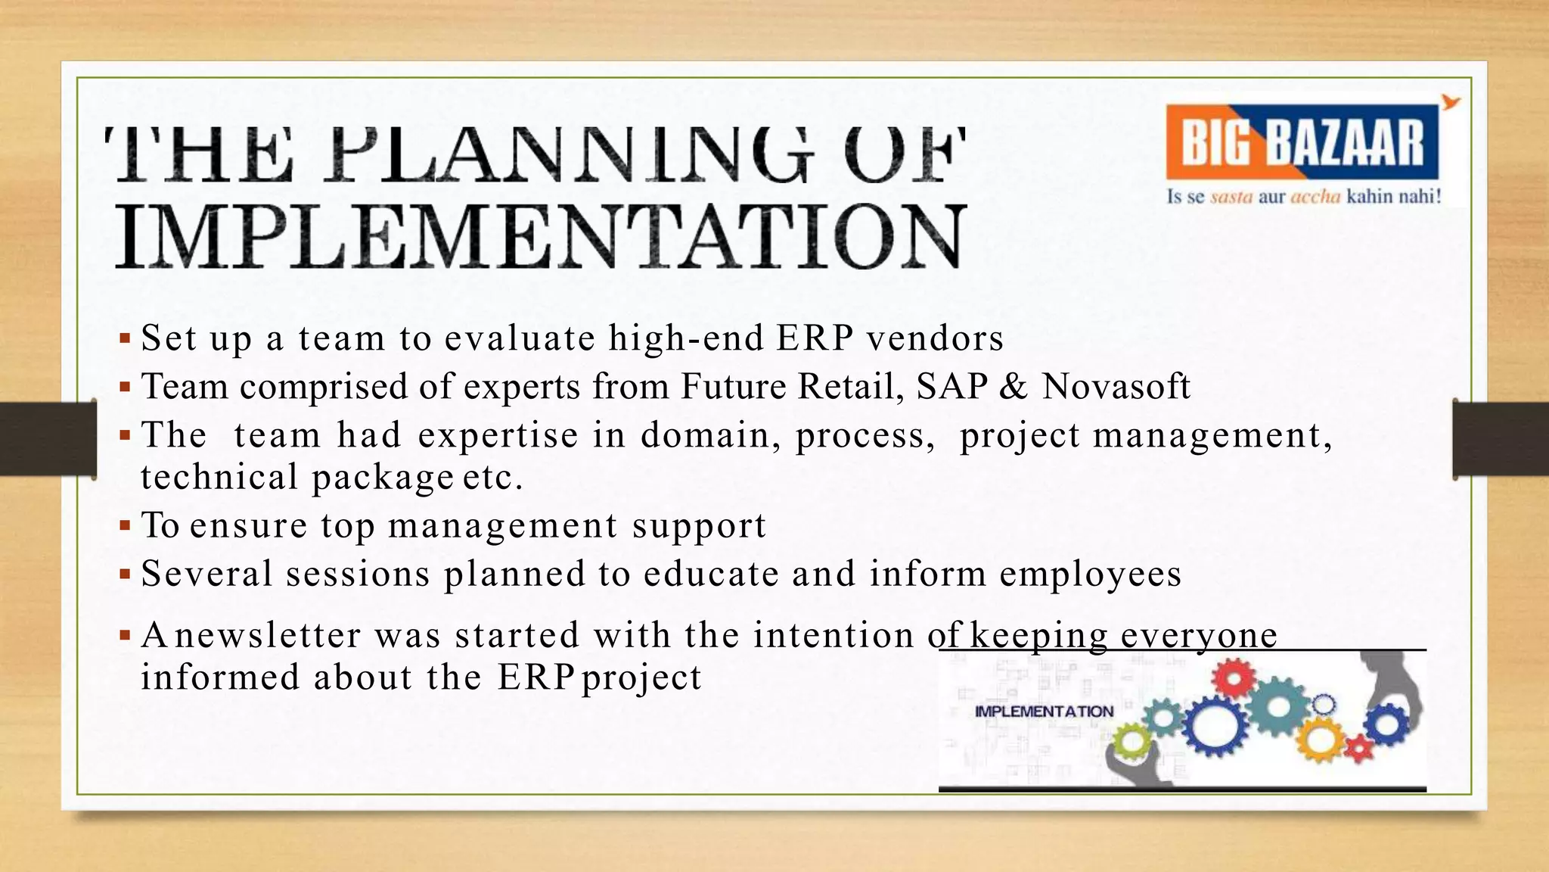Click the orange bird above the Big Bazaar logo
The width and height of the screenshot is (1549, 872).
(x=1450, y=103)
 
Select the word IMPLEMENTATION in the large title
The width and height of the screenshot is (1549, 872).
(x=541, y=237)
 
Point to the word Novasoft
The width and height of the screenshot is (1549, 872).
(x=1116, y=386)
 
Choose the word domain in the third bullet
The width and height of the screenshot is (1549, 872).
(x=711, y=435)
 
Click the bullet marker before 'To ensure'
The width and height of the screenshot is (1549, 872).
(x=125, y=525)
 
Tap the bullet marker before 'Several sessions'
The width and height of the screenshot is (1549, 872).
(x=125, y=573)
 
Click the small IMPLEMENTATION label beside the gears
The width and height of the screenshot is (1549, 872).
(x=1044, y=712)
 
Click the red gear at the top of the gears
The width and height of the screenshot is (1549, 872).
(x=1234, y=678)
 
